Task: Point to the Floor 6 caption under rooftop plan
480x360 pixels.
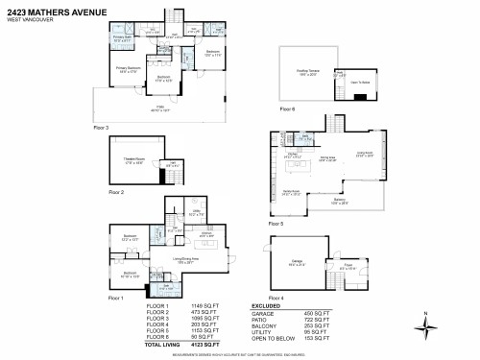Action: (287, 108)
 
